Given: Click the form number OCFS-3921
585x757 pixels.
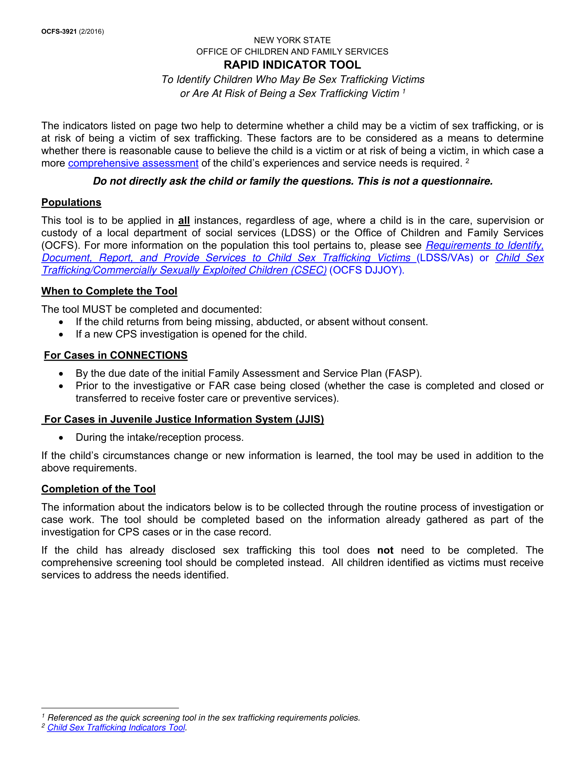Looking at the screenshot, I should pyautogui.click(x=58, y=32).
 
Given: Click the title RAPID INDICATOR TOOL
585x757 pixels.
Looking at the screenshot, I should pyautogui.click(x=292, y=65).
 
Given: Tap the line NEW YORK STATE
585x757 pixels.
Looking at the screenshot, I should pyautogui.click(x=292, y=40).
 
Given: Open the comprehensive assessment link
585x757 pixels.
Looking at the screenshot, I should pyautogui.click(x=133, y=163).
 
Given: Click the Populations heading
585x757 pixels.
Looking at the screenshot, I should pyautogui.click(x=71, y=202).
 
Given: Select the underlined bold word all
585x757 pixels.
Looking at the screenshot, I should pyautogui.click(x=184, y=221).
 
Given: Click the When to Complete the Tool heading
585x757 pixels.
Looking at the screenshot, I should pyautogui.click(x=109, y=291).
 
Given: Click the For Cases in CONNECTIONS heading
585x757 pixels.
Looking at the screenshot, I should pyautogui.click(x=115, y=355).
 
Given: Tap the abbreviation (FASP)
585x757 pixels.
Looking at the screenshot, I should pyautogui.click(x=403, y=373).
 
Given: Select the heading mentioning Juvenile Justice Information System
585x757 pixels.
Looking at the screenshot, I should pyautogui.click(x=184, y=419).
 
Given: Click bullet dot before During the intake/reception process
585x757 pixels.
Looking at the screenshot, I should pyautogui.click(x=61, y=438).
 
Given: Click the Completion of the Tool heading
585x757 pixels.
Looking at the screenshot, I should pyautogui.click(x=98, y=489).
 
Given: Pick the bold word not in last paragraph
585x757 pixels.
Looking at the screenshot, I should pyautogui.click(x=385, y=551).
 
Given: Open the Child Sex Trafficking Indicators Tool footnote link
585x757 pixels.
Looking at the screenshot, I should pyautogui.click(x=116, y=727).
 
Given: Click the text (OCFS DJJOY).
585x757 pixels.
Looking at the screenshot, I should pyautogui.click(x=367, y=270).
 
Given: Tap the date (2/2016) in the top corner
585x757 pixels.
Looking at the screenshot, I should pyautogui.click(x=91, y=32).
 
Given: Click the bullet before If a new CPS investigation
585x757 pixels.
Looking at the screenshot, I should pyautogui.click(x=61, y=335).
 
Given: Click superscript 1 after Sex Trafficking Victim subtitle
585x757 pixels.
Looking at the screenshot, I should pyautogui.click(x=404, y=92).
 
